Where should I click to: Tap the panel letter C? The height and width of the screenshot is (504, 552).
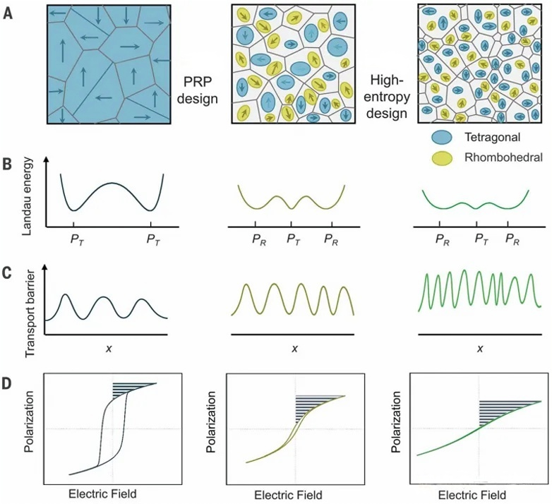pos(8,270)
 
